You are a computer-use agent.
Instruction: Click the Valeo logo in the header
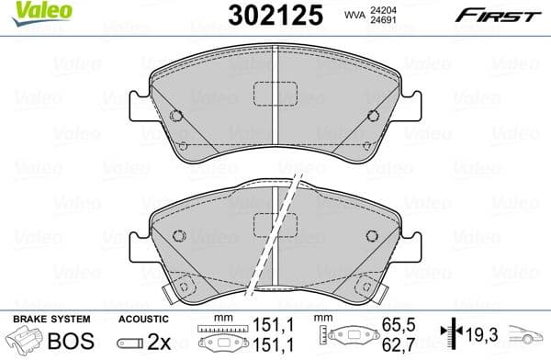26,12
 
